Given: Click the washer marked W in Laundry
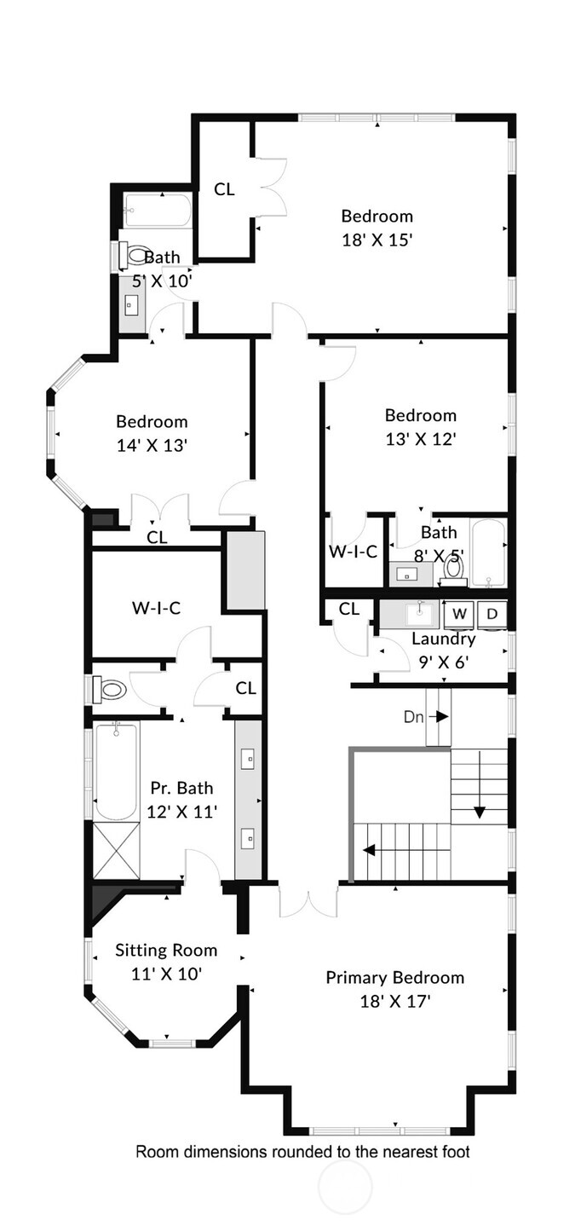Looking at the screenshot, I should click(460, 613).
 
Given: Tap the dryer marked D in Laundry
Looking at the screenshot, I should click(492, 613).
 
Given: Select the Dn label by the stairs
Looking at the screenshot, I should click(414, 717).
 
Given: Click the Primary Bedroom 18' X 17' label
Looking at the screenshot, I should click(394, 988).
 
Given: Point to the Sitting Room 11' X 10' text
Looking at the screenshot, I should click(166, 961).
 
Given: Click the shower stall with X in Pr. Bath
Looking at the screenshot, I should click(116, 850).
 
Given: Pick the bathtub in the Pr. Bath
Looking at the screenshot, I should click(115, 771).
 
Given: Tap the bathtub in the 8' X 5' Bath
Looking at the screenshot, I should click(488, 552).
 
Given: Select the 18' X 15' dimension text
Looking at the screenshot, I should click(377, 240).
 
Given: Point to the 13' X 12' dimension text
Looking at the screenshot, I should click(420, 439).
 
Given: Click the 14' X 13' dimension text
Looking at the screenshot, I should click(152, 445).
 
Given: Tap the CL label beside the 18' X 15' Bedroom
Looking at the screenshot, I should click(224, 189).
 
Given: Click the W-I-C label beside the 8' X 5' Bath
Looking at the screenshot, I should click(354, 552).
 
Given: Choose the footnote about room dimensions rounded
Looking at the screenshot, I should click(302, 1152).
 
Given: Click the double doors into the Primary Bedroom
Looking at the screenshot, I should click(308, 902).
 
